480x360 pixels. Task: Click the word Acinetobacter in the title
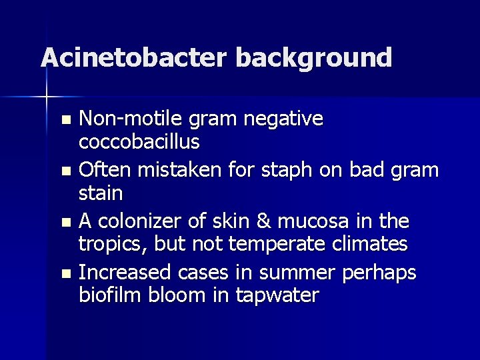tap(133, 57)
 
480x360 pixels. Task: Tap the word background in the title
tap(313, 59)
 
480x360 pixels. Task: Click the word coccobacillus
tap(139, 143)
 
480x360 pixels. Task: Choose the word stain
tap(101, 194)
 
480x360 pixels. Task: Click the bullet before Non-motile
tap(65, 121)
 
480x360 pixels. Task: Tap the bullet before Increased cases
tap(65, 273)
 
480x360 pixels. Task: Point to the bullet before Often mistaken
tap(65, 171)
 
